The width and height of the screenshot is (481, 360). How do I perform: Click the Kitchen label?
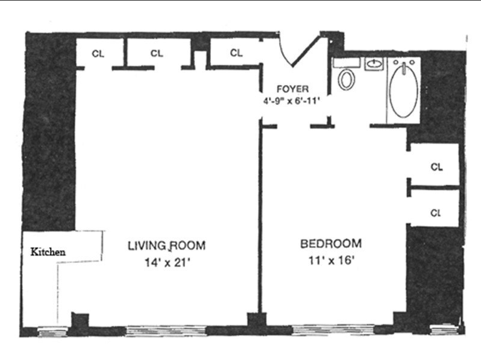[x=48, y=252]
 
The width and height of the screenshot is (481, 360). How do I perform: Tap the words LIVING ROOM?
[x=166, y=246]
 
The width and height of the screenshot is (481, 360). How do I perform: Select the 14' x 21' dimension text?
[x=168, y=263]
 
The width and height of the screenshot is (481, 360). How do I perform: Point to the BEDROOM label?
[x=331, y=244]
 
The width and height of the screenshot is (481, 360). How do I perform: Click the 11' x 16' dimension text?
[x=332, y=261]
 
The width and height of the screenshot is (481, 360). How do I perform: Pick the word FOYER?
[x=293, y=89]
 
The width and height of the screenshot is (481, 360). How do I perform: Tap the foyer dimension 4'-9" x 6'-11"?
[x=292, y=101]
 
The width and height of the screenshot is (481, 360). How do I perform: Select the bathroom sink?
[x=374, y=64]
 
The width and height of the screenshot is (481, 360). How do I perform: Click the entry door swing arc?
[x=284, y=52]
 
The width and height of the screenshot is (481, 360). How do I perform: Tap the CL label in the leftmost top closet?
[x=98, y=54]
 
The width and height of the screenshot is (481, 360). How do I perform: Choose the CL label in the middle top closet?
[x=157, y=54]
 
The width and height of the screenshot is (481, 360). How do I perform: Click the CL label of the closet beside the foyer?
[x=236, y=53]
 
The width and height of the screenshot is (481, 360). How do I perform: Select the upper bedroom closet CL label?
[x=436, y=167]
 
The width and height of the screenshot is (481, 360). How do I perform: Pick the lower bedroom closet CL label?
[x=436, y=213]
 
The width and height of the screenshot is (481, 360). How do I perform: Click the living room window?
[x=166, y=331]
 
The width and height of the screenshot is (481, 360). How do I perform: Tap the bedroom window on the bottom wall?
[x=333, y=330]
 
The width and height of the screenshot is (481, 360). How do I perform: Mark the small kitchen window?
[x=52, y=332]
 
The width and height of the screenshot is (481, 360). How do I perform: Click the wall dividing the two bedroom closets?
[x=435, y=187]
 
